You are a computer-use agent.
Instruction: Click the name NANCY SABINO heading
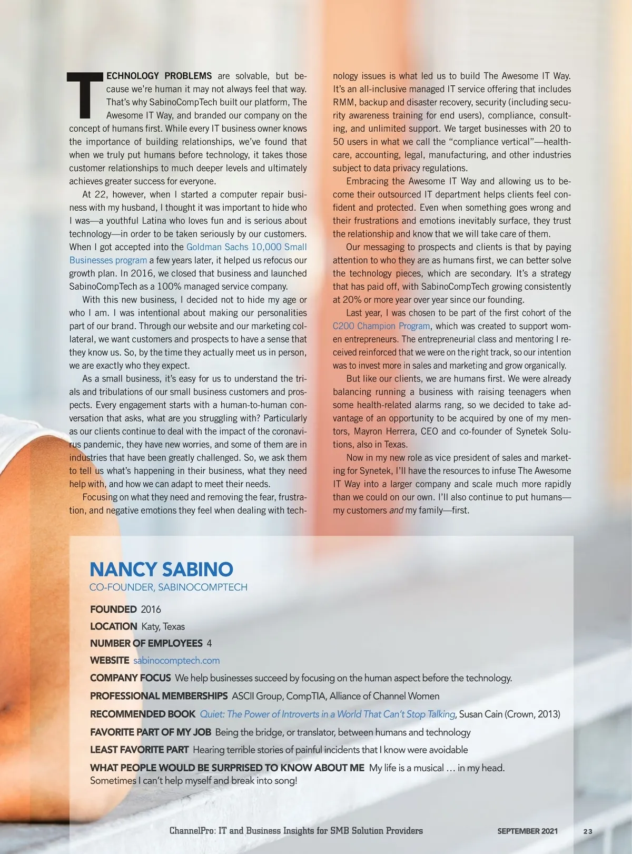161,569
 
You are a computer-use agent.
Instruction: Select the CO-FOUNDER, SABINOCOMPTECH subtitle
168,587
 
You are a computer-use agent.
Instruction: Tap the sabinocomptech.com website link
176,661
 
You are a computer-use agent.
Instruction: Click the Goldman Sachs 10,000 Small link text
246,247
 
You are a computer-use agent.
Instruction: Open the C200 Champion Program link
381,326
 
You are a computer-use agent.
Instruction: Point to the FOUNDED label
113,610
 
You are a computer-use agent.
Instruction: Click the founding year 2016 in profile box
151,610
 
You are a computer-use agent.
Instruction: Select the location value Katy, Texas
163,626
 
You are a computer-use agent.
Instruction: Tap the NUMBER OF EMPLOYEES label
146,643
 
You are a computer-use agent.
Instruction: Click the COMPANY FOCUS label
130,678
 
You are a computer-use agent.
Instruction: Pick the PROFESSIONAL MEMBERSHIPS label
159,696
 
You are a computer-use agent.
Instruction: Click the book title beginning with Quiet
327,714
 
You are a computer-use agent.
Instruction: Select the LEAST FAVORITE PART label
139,750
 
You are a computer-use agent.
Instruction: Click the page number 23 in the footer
588,831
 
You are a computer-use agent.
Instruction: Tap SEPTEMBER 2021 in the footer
527,831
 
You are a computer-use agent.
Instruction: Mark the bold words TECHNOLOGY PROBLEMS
159,76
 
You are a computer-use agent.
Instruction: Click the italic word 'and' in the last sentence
396,511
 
